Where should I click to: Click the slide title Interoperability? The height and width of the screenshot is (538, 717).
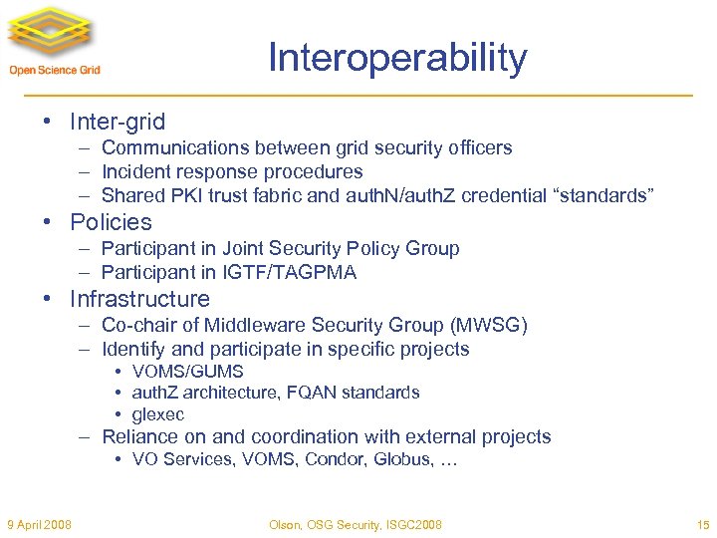coord(396,59)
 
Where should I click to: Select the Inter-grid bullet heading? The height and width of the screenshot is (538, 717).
coord(118,123)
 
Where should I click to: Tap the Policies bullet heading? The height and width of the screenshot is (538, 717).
coord(111,222)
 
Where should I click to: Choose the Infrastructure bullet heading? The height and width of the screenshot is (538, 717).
coord(139,299)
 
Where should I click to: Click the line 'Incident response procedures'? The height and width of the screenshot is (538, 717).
coord(232,171)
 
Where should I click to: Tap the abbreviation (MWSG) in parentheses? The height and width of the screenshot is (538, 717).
coord(489,325)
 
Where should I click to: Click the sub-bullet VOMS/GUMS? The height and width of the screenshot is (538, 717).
coord(187,372)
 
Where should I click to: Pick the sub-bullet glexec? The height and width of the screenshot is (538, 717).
coord(158,414)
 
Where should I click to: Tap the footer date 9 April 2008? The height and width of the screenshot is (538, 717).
coord(39,525)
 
